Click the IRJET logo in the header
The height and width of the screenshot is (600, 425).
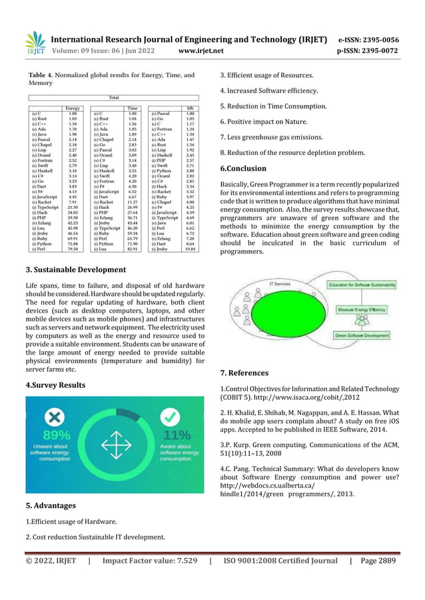pos(35,43)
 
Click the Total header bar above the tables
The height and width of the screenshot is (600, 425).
pos(114,97)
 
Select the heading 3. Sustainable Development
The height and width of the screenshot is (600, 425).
pos(75,270)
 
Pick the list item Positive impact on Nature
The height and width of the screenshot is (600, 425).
pos(270,122)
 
